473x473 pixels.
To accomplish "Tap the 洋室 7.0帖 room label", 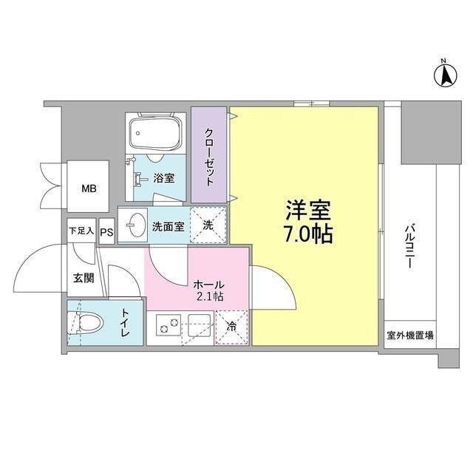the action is tap(308, 222).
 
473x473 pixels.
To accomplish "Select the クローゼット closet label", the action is tap(209, 157).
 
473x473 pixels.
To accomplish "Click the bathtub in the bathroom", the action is tap(155, 134).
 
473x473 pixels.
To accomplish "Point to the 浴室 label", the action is tap(164, 178).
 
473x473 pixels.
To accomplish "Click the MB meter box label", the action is tap(89, 189).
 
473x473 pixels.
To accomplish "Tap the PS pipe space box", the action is tap(106, 231).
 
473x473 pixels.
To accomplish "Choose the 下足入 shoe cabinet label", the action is tap(81, 231).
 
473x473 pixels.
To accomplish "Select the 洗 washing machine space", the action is tap(208, 225).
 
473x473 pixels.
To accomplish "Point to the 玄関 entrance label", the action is tap(84, 278).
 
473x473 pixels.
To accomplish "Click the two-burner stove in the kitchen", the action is tap(169, 325).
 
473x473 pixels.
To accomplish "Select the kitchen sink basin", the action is tap(200, 325).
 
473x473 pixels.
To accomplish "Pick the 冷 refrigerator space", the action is tap(231, 327).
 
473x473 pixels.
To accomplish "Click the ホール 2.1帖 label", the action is tap(209, 290).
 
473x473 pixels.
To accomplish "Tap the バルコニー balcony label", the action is tap(410, 246).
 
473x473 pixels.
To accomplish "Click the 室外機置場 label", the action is tap(410, 335).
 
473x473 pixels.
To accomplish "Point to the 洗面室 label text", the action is tap(168, 227).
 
